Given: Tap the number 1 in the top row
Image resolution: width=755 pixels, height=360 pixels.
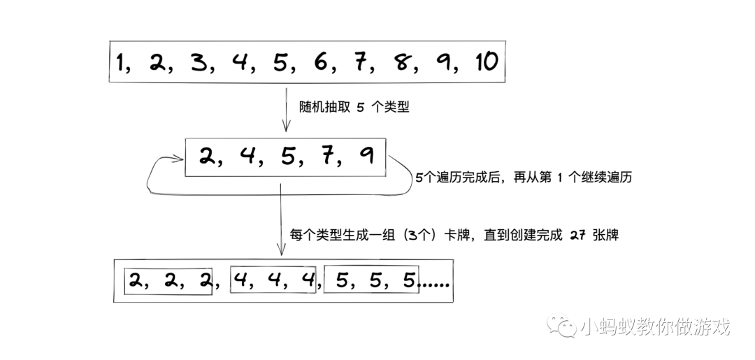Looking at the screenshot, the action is click(x=124, y=63).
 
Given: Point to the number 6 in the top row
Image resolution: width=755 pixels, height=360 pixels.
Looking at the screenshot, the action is click(x=322, y=63).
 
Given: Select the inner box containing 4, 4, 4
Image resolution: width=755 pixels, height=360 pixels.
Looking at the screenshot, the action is click(x=273, y=281).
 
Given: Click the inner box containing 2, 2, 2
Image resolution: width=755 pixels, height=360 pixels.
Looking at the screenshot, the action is click(x=168, y=281).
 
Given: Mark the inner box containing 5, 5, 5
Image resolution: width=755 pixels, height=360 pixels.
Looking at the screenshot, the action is click(x=371, y=281).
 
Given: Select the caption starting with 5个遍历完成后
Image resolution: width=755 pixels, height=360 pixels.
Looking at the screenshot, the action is click(x=523, y=178).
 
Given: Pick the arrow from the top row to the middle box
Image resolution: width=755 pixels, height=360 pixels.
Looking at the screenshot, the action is click(x=285, y=108).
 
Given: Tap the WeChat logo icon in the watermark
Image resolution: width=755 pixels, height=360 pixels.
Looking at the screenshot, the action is click(x=563, y=327).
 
